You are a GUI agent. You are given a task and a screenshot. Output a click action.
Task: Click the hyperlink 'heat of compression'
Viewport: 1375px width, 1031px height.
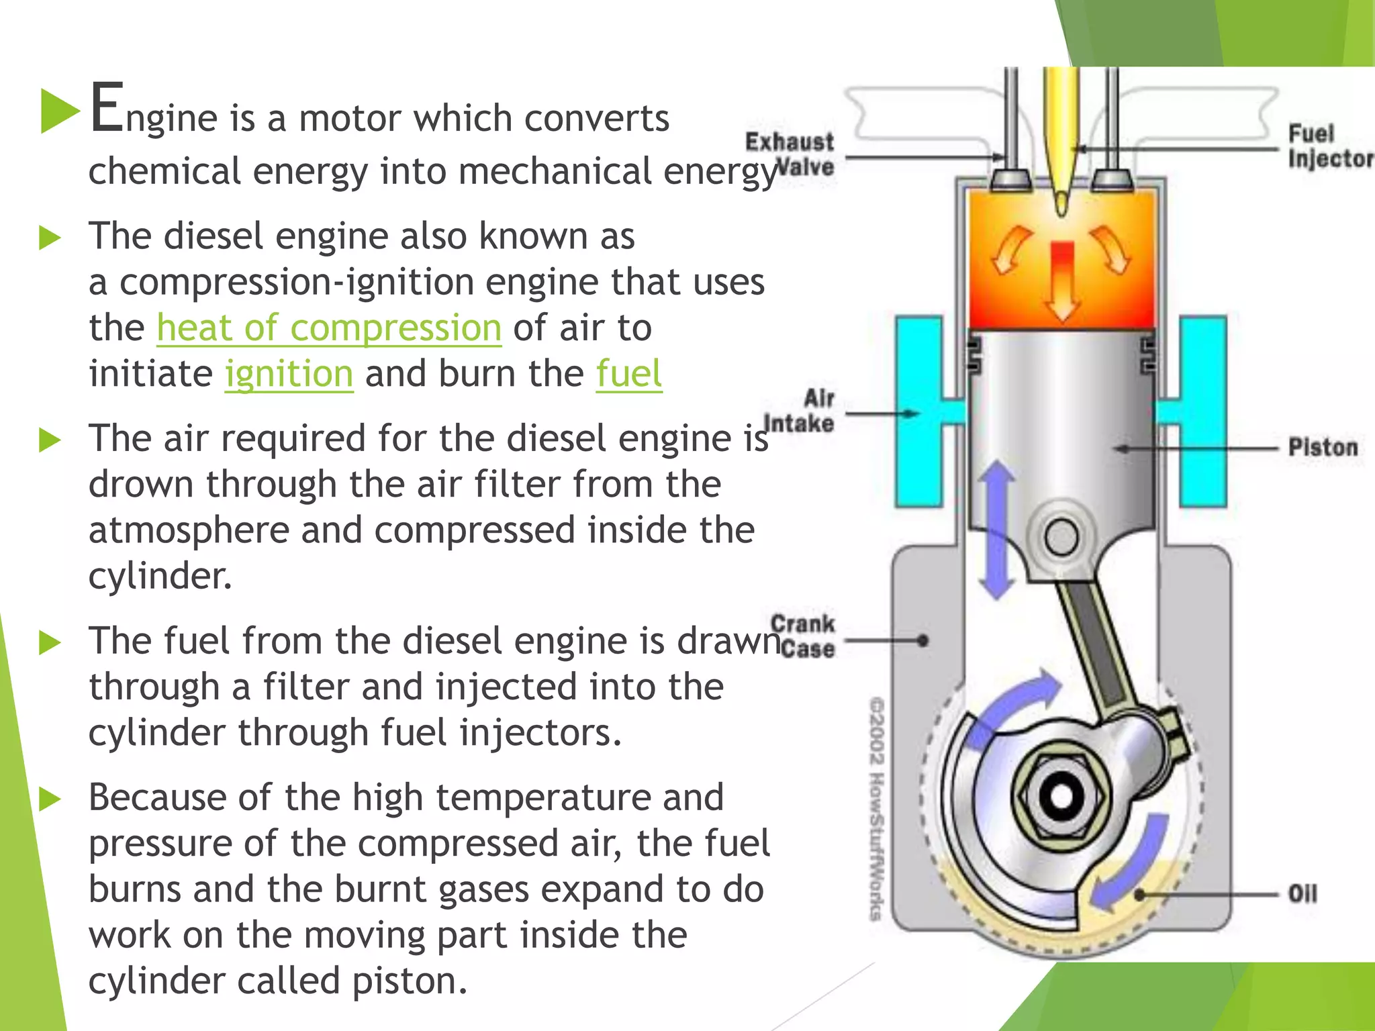(x=329, y=328)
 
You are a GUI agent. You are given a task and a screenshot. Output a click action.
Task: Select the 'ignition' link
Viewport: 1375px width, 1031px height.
(x=289, y=374)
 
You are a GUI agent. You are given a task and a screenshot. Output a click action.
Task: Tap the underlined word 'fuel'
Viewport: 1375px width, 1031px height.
(x=629, y=374)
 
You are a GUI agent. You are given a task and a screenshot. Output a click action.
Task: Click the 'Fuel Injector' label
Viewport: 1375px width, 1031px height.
(x=1328, y=146)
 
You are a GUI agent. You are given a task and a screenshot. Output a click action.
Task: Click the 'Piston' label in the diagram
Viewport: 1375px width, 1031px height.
(x=1322, y=447)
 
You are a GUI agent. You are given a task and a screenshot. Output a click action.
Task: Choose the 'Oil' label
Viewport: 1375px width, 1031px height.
(x=1302, y=894)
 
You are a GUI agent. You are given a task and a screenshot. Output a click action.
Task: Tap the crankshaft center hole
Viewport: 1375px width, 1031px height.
(x=1061, y=796)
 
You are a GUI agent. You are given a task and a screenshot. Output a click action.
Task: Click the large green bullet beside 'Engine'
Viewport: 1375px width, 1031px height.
(x=59, y=111)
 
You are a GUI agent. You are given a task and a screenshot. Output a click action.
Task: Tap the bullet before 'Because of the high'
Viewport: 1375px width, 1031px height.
(x=50, y=799)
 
